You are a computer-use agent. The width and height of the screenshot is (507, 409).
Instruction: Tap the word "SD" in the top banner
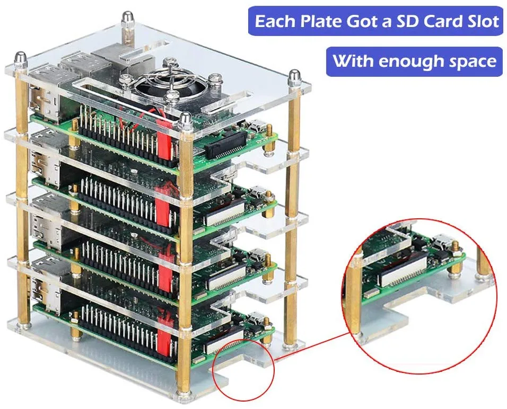[x=408, y=22]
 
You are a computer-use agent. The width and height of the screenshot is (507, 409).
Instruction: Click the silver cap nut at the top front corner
[x=185, y=120]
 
